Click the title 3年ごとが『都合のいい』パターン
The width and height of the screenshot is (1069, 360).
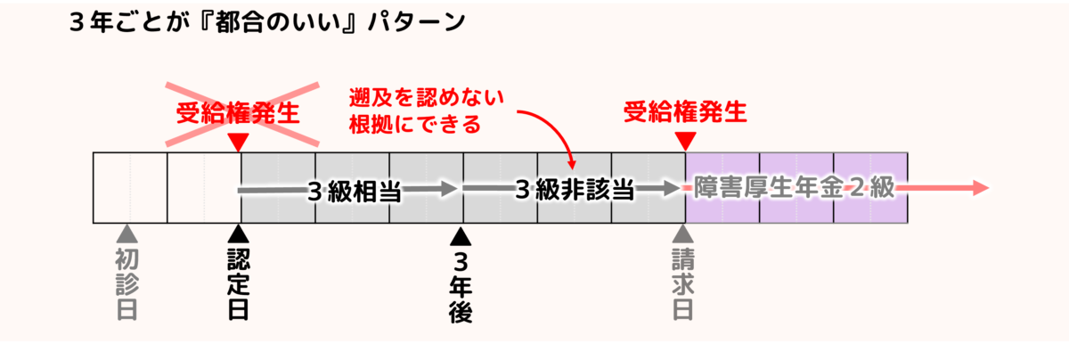(x=267, y=22)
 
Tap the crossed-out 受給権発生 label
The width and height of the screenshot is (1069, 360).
(x=236, y=113)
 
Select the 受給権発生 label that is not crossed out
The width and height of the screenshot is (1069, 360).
(x=684, y=112)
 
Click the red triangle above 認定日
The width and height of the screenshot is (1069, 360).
(x=238, y=143)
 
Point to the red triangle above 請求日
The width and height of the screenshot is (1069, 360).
(x=684, y=142)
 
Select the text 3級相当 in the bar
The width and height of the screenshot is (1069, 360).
(x=354, y=191)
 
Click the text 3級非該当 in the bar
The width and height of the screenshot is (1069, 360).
(x=575, y=191)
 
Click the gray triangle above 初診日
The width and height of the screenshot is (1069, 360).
(x=128, y=233)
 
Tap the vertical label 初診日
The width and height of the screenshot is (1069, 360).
(x=128, y=283)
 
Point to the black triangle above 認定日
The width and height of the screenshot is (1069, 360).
(x=238, y=233)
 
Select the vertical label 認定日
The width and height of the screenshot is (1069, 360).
(x=238, y=283)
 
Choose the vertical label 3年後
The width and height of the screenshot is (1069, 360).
(x=461, y=287)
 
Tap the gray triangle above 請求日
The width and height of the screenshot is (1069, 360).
(x=683, y=233)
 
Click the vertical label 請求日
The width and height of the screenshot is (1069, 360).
(x=683, y=283)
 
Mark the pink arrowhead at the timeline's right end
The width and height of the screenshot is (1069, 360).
(x=980, y=188)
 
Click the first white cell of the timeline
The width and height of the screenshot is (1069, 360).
(x=130, y=187)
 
